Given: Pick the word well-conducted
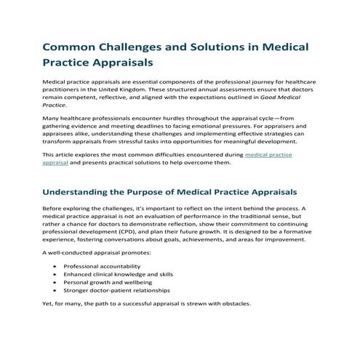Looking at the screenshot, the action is tap(73, 252).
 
